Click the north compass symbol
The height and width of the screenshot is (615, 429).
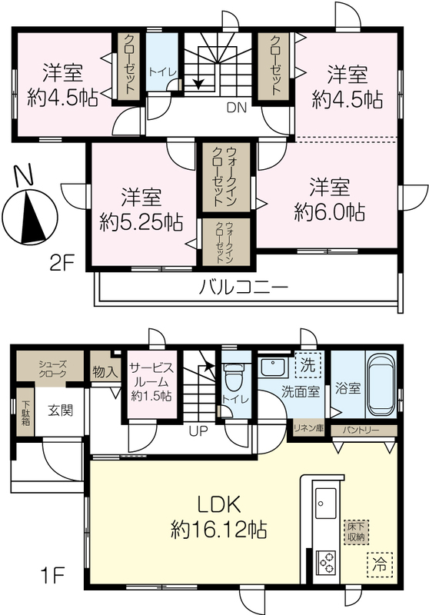[28, 211]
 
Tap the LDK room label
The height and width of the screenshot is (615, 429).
[219, 506]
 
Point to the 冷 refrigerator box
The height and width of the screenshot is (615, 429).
[380, 564]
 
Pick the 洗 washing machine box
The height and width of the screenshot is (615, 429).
[308, 365]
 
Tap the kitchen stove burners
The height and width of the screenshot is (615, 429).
[326, 563]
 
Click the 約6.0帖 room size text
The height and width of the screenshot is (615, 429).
[329, 212]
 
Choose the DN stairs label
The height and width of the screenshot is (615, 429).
[237, 108]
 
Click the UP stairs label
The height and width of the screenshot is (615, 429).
[198, 431]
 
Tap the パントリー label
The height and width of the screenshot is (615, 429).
[361, 430]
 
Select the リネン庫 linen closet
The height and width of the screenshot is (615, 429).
[309, 428]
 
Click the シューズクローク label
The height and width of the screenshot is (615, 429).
[52, 369]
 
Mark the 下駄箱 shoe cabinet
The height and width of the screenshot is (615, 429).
[26, 412]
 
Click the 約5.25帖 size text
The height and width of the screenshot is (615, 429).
[141, 224]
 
